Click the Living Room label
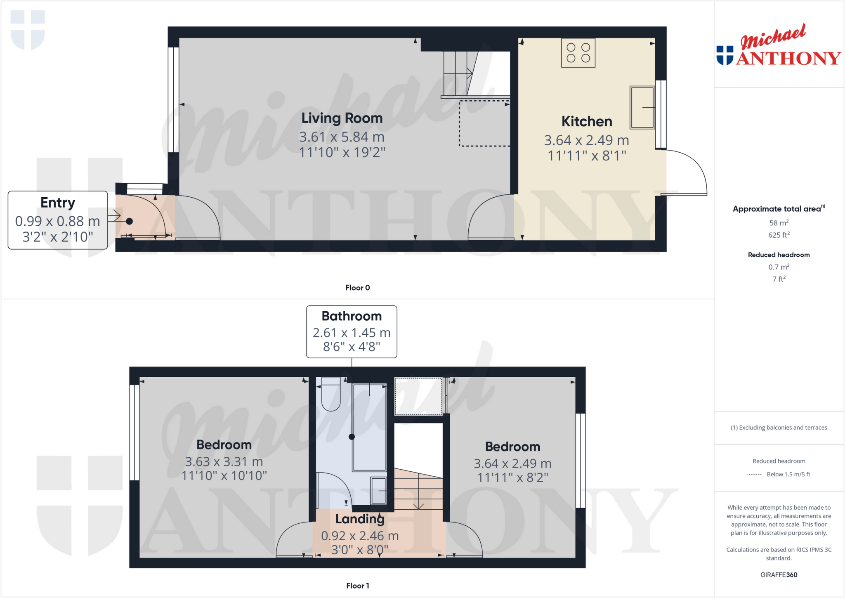pyautogui.click(x=342, y=118)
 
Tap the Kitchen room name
pyautogui.click(x=586, y=122)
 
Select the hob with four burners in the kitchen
pyautogui.click(x=578, y=53)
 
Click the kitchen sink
pyautogui.click(x=642, y=107)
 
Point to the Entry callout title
pyautogui.click(x=58, y=203)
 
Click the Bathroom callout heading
pyautogui.click(x=352, y=316)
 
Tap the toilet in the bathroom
pyautogui.click(x=330, y=394)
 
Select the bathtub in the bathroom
pyautogui.click(x=369, y=427)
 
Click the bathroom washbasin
pyautogui.click(x=378, y=490)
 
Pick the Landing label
pyautogui.click(x=360, y=519)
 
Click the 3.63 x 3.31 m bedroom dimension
pyautogui.click(x=224, y=461)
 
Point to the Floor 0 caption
pyautogui.click(x=357, y=288)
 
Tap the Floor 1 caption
pyautogui.click(x=357, y=586)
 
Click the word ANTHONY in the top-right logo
pyautogui.click(x=788, y=58)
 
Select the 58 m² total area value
pyautogui.click(x=779, y=223)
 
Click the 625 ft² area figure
pyautogui.click(x=779, y=235)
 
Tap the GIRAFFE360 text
pyautogui.click(x=779, y=574)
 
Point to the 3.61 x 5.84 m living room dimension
pyautogui.click(x=342, y=137)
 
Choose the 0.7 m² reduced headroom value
pyautogui.click(x=779, y=267)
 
